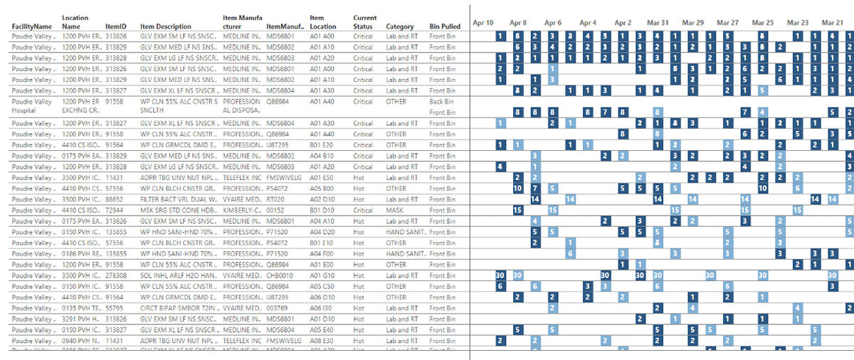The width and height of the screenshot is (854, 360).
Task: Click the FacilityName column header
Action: click(x=32, y=27)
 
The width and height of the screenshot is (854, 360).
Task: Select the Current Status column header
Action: click(x=364, y=22)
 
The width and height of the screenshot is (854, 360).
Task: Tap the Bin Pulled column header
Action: click(x=445, y=27)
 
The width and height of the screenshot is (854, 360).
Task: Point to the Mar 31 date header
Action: click(x=658, y=23)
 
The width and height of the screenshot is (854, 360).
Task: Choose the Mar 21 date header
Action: click(x=832, y=23)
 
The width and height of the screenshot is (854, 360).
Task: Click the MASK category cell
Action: click(x=395, y=211)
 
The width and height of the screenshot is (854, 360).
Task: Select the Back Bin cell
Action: click(x=441, y=102)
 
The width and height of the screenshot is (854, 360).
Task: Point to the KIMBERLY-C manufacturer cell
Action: click(x=241, y=211)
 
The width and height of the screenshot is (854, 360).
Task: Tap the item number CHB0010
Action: click(x=280, y=275)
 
